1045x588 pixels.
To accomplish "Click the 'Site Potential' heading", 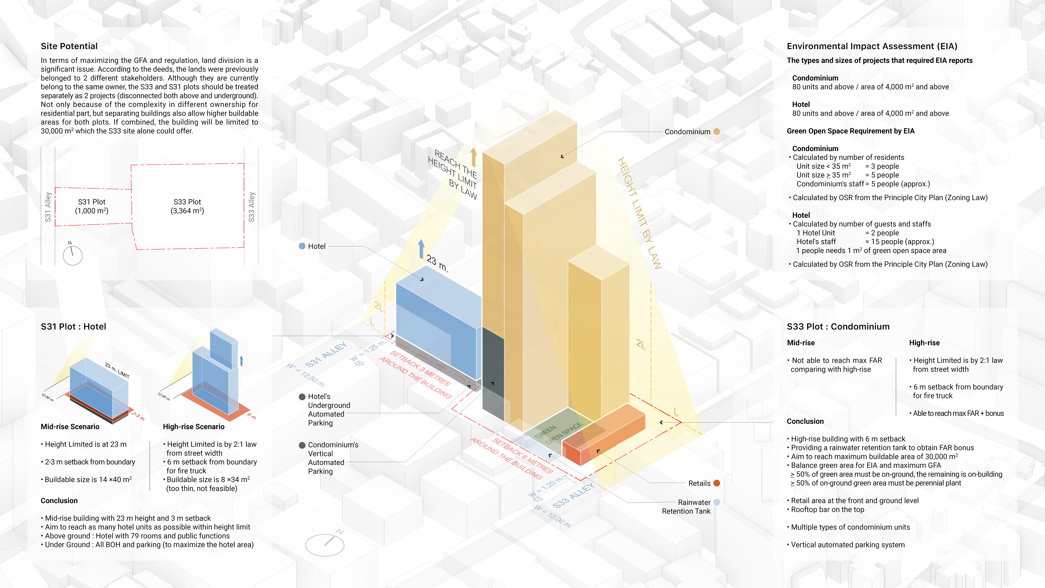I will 69,46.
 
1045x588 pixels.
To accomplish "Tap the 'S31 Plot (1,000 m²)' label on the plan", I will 92,206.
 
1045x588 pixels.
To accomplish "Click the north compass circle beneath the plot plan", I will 73,256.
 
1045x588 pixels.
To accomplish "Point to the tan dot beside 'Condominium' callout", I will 716,131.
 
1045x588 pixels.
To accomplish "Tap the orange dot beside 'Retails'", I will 716,483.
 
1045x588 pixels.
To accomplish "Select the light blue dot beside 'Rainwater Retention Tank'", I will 716,502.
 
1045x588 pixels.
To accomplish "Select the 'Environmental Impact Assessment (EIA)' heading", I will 872,46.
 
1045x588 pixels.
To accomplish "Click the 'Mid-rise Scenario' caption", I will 70,426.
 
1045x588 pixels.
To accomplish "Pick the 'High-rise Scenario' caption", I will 193,426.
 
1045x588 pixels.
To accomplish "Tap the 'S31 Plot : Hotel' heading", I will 73,327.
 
